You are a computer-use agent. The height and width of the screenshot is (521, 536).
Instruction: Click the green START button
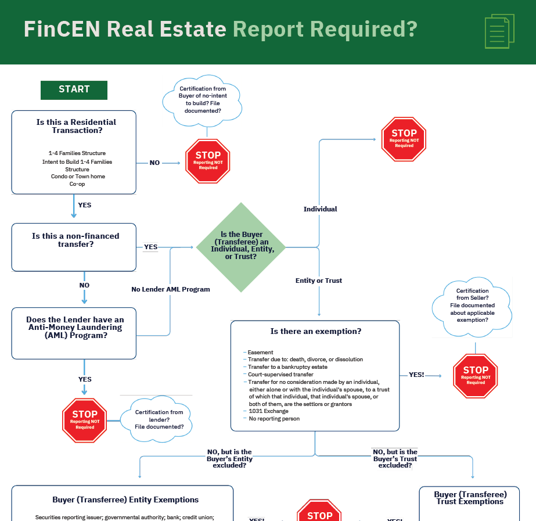click(x=74, y=89)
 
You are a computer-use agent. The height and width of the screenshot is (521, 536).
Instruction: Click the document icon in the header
click(x=499, y=31)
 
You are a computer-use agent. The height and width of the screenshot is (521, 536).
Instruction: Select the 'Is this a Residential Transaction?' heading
click(x=76, y=126)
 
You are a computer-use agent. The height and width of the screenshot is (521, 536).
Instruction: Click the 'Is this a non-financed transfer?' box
click(x=74, y=247)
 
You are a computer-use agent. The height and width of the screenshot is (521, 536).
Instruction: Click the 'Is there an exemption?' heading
click(x=316, y=332)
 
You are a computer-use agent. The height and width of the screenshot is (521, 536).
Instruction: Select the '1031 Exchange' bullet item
click(x=268, y=411)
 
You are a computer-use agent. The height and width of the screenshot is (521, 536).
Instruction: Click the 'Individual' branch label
click(x=320, y=209)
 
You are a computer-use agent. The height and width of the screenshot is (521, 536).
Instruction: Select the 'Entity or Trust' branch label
click(x=319, y=281)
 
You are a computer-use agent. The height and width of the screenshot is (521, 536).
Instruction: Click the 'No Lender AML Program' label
click(x=171, y=289)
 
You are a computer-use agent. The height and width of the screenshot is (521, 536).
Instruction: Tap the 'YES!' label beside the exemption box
click(x=416, y=375)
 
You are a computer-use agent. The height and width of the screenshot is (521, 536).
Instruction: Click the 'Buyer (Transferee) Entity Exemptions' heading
click(x=125, y=500)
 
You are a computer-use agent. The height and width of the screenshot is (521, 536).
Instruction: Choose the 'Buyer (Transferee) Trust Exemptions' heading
click(x=470, y=498)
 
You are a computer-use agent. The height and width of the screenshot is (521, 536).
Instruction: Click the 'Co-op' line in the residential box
click(x=77, y=184)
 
